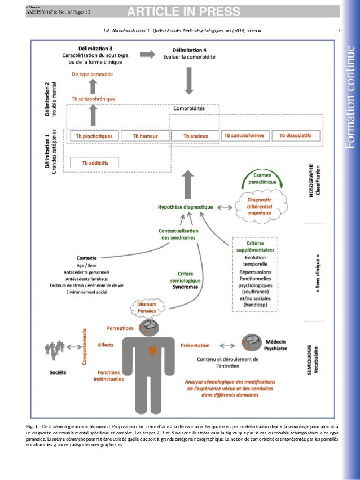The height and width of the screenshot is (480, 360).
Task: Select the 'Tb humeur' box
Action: tap(144, 136)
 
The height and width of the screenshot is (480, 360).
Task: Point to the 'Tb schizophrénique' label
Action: tap(94, 99)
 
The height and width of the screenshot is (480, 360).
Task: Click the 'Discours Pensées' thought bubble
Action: tap(143, 308)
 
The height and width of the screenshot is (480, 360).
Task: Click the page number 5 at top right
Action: tap(337, 31)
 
